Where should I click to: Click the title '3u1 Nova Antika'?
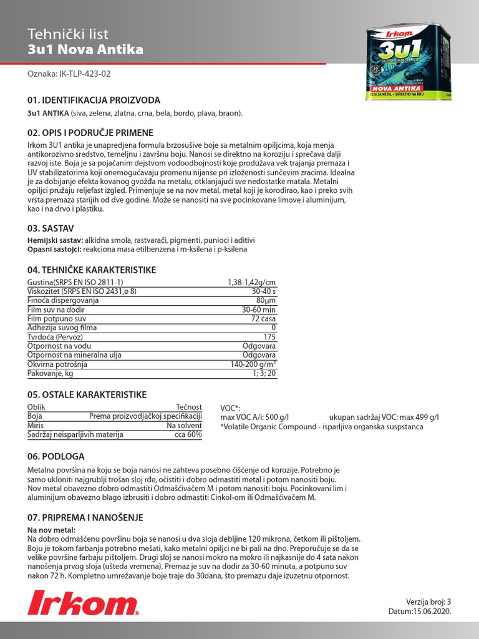[85, 49]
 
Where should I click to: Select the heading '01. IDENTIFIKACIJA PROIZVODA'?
[94, 100]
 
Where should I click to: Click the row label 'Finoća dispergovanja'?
[63, 300]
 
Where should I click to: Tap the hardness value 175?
[269, 336]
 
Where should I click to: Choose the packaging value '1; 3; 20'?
[264, 373]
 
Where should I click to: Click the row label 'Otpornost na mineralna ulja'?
[75, 354]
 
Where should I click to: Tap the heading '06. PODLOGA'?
[56, 456]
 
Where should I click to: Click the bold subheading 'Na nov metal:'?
[52, 529]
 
